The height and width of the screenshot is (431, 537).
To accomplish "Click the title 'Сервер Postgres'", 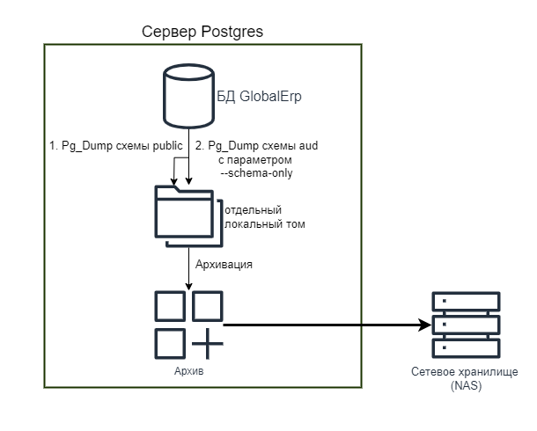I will [x=202, y=32].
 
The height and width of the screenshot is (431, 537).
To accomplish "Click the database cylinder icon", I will [x=188, y=98].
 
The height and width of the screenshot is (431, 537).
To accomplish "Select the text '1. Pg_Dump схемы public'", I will [x=115, y=145].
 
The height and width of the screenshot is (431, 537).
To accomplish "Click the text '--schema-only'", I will [x=255, y=173].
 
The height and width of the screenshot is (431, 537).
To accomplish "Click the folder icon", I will [x=184, y=214].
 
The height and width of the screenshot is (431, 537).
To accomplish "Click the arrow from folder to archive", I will [x=189, y=267].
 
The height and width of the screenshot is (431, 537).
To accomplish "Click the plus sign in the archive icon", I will [x=208, y=343].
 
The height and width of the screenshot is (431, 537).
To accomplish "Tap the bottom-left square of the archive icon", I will [x=169, y=343].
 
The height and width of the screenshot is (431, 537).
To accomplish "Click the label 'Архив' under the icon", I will [x=189, y=373].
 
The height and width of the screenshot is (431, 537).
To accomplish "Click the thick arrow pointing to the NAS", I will [x=326, y=325].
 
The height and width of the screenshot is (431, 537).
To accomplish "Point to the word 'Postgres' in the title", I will [x=232, y=32].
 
